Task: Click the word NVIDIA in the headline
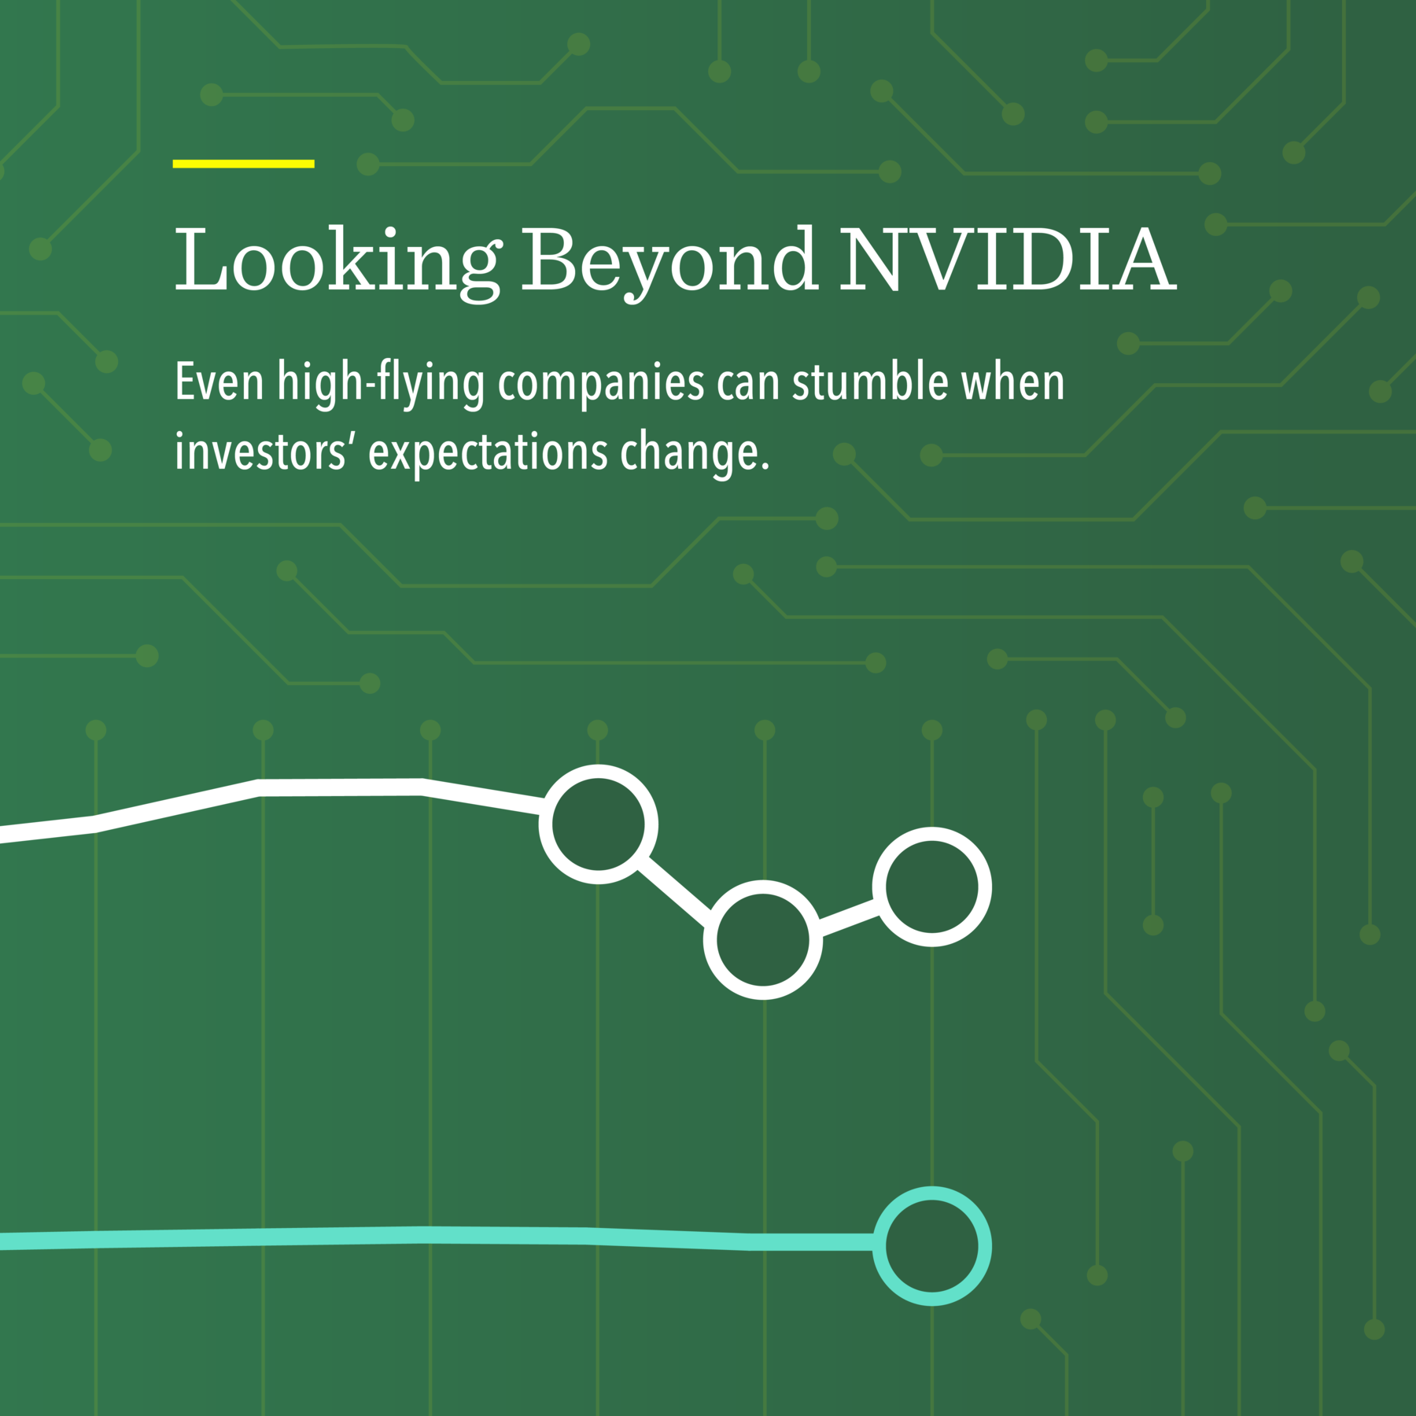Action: [x=1008, y=260]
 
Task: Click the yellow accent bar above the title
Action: [x=243, y=164]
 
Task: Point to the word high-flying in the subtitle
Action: [x=381, y=383]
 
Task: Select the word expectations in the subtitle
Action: [x=488, y=454]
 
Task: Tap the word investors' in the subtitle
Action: [x=260, y=452]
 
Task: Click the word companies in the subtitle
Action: [x=601, y=384]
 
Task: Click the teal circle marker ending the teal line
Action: [x=931, y=1246]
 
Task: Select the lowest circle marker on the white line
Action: [x=763, y=939]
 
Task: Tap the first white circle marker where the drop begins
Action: [x=598, y=824]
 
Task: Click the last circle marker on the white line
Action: [x=931, y=887]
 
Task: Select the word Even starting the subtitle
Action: [x=219, y=382]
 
